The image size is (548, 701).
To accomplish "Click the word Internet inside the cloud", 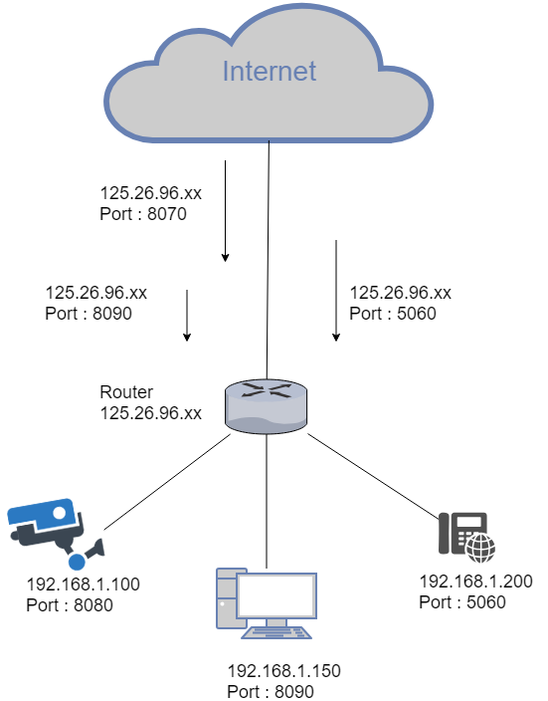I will pos(269,72).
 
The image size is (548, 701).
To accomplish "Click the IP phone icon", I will pos(465,536).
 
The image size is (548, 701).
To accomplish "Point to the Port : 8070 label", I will pos(143,213).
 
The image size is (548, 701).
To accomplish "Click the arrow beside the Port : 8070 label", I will pos(226,210).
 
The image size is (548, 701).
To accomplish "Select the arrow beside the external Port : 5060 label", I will pos(336,290).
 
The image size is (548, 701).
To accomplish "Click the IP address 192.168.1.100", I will pos(84,584).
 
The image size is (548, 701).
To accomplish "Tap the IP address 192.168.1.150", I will pos(284,671).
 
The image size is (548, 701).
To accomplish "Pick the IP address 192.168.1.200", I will pos(475,583).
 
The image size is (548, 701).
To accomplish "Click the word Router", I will pos(126,392).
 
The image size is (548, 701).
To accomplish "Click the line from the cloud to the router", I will pos(269,259).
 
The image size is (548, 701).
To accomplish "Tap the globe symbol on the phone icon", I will pos(483,546).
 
